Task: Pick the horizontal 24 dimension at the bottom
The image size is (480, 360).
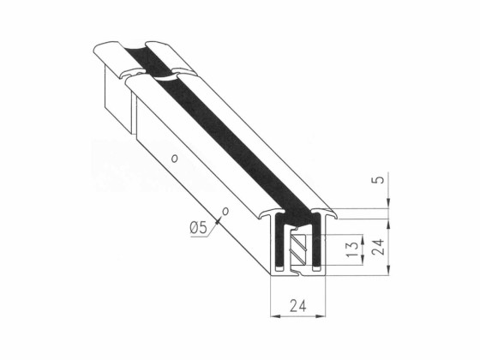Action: click(x=299, y=305)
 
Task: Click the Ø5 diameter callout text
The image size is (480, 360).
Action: click(x=196, y=227)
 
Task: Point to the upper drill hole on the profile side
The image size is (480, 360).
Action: click(x=173, y=159)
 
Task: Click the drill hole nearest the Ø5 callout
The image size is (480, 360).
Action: click(x=225, y=209)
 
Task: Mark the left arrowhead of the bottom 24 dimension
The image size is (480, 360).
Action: click(x=273, y=315)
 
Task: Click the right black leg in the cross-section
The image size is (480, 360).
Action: click(x=318, y=244)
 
